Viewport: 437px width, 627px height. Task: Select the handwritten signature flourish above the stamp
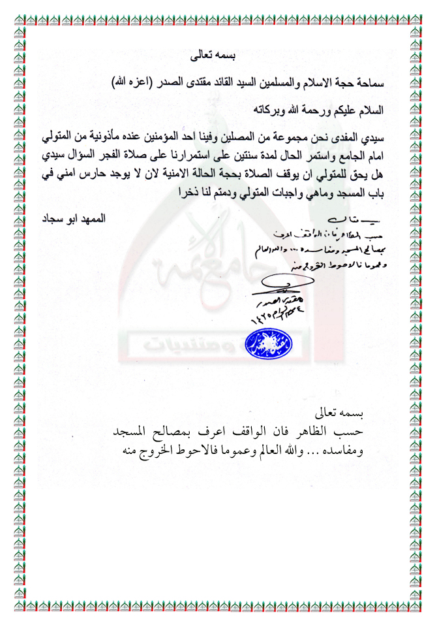pos(287,282)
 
